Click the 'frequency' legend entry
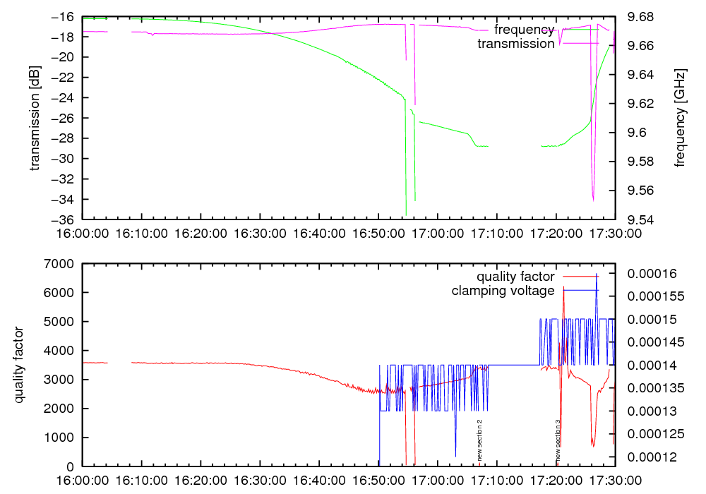tap(524, 30)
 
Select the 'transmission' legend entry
tap(516, 44)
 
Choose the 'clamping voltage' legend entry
tap(503, 291)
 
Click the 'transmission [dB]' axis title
tap(35, 118)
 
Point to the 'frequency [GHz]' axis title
tap(680, 118)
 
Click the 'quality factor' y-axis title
tap(20, 365)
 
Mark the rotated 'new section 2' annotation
tap(479, 440)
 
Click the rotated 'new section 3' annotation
tap(558, 440)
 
